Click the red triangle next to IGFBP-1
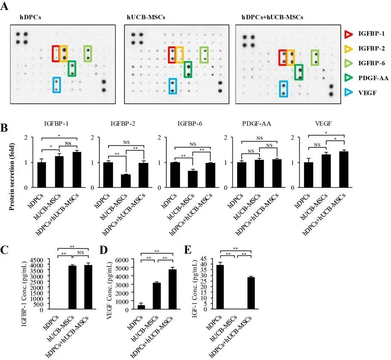pyautogui.click(x=348, y=33)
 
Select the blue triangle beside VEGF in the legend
pyautogui.click(x=348, y=92)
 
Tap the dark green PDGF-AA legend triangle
pyautogui.click(x=348, y=78)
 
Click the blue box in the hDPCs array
pyautogui.click(x=56, y=85)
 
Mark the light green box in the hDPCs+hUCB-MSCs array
pyautogui.click(x=315, y=58)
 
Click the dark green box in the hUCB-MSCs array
pyautogui.click(x=188, y=69)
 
